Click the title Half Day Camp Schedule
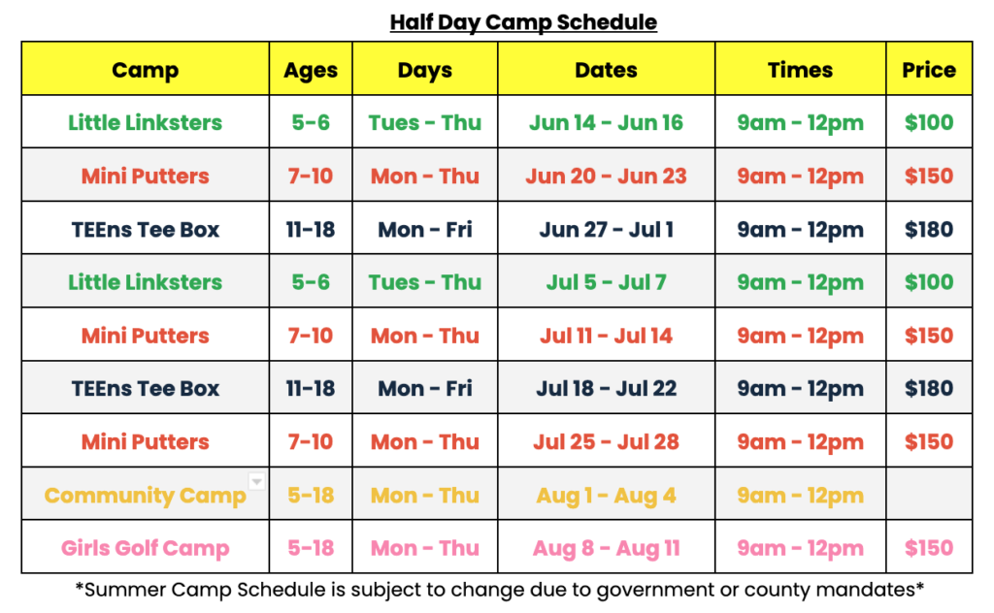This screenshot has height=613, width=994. coord(523,22)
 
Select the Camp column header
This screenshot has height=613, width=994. coord(146,70)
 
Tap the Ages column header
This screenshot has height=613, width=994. coord(311,70)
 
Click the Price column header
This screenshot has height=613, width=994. coord(929,70)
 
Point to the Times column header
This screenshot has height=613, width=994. coord(800,70)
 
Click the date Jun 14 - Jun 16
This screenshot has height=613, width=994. coord(606,122)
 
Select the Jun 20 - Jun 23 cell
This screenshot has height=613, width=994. coord(606,176)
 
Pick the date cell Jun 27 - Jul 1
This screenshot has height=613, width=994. coord(606,229)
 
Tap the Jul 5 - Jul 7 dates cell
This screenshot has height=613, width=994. coord(606,282)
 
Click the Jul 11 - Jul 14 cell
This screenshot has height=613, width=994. coord(606,335)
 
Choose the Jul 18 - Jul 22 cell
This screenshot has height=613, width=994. coord(606,388)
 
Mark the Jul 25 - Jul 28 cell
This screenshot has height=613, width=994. coord(606,441)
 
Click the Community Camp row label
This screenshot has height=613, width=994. coord(146,496)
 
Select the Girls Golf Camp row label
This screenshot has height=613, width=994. coord(146,548)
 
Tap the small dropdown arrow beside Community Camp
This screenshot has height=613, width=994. coord(256,481)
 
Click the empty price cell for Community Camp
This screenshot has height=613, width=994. coord(929,494)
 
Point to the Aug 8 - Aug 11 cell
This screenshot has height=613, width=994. coord(606,548)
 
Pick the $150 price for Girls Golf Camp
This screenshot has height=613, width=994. coord(929,548)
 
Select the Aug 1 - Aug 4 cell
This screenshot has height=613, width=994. coord(606,496)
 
